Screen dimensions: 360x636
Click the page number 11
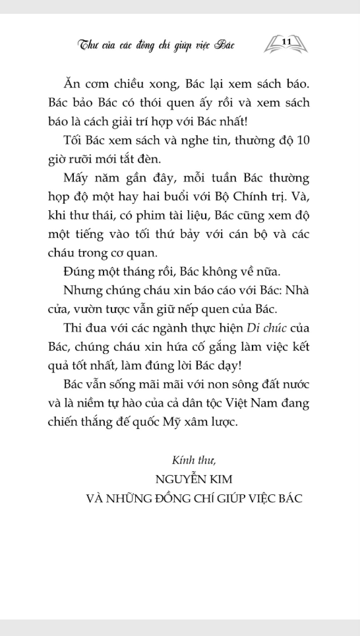(x=286, y=42)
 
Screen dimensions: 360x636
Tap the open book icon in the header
(x=286, y=45)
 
